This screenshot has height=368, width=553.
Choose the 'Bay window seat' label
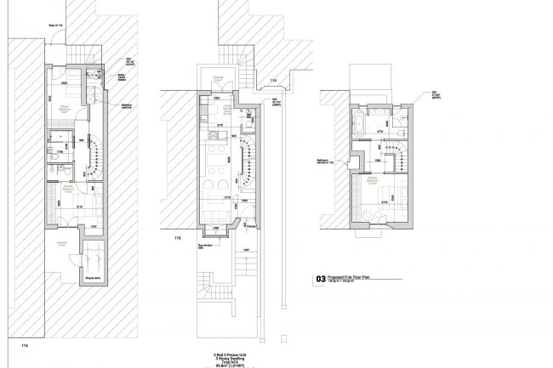pyautogui.click(x=205, y=247)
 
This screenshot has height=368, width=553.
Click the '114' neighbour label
pyautogui.click(x=273, y=82)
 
